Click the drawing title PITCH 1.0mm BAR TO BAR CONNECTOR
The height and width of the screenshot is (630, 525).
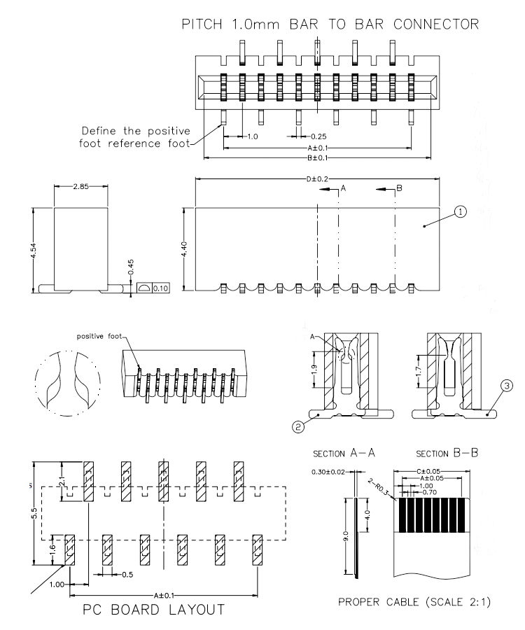point(330,24)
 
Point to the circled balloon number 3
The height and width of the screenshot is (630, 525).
point(506,384)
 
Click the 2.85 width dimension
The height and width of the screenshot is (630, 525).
point(82,186)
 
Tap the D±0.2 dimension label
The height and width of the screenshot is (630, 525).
point(317,179)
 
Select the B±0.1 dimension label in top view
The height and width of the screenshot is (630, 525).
point(317,157)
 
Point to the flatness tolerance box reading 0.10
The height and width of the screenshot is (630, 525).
point(160,288)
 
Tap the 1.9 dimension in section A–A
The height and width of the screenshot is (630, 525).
point(314,366)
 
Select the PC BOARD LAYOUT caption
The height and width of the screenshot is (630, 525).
point(155,609)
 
